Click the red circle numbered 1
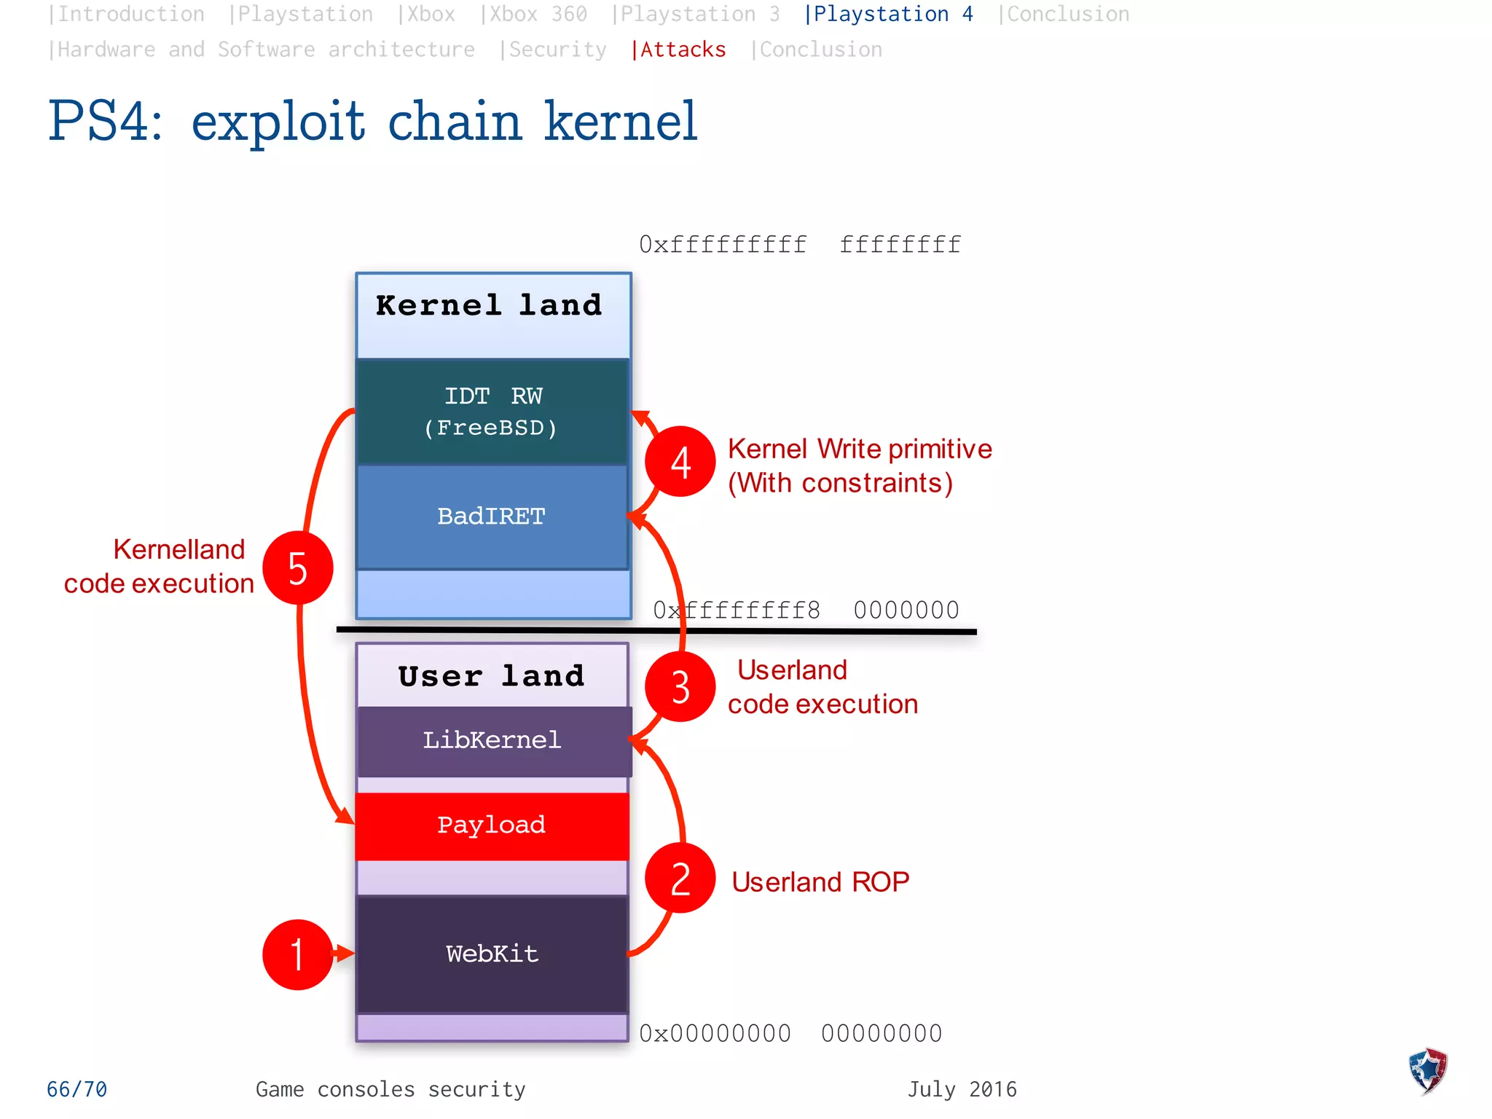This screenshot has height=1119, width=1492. pos(297,954)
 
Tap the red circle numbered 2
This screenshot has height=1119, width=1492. pos(680,879)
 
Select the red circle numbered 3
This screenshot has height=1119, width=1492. pos(680,687)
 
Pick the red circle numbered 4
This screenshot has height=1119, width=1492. pos(680,462)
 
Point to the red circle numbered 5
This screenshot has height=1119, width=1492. pos(297,568)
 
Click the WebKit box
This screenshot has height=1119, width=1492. pos(492,954)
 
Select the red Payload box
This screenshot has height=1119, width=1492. pos(492,825)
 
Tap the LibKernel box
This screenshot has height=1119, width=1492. pos(492,740)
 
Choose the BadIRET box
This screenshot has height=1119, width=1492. pos(492,517)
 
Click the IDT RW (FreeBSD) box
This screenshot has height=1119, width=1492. pos(492,412)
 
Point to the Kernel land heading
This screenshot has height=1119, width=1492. pos(489,306)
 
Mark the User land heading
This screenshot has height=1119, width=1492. pos(492,677)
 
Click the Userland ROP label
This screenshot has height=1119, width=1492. pos(820,882)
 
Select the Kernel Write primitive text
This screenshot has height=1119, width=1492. pos(860,449)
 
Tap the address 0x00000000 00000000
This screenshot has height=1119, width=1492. pos(790,1034)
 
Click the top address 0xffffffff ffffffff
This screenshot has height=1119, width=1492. pos(800,245)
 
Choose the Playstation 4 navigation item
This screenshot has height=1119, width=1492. pos(889,15)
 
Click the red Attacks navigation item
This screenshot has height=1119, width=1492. pos(679,50)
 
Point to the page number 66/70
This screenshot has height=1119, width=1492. pos(76,1090)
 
